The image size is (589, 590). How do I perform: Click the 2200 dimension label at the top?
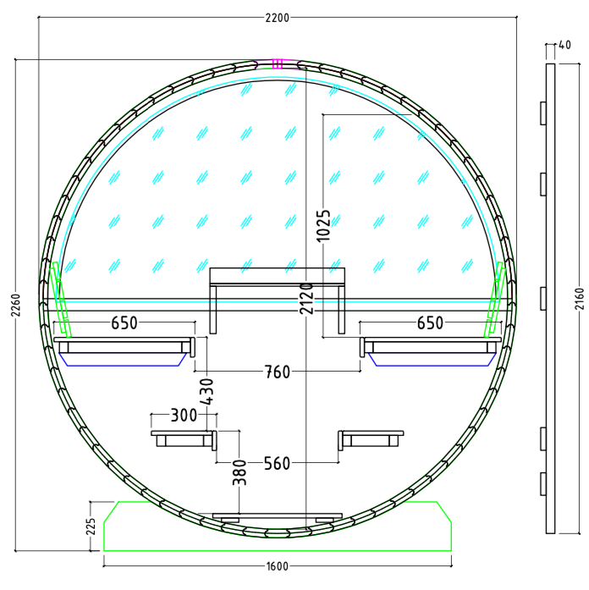(x=278, y=18)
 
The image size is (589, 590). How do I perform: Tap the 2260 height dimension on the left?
(x=16, y=306)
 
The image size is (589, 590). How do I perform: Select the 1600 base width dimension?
(x=278, y=566)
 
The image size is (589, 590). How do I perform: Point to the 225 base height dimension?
(x=91, y=527)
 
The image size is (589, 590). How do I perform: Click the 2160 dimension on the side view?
(x=580, y=299)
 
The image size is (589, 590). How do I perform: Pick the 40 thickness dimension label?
(x=564, y=45)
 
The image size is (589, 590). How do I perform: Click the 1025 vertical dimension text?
(x=323, y=226)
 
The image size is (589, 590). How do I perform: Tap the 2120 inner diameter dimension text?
(x=306, y=299)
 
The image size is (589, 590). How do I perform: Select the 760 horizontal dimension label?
(x=278, y=372)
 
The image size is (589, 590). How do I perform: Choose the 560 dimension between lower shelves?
(x=278, y=464)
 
